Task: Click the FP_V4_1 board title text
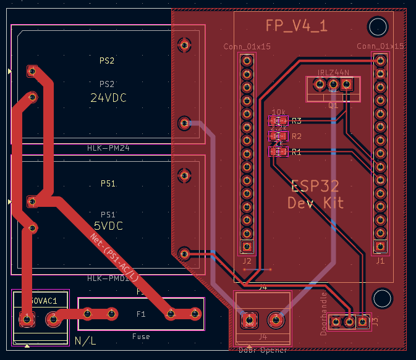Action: pos(296,25)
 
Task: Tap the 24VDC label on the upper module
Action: pos(107,98)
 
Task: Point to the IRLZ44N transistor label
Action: pos(333,73)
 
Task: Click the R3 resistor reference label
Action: pos(297,121)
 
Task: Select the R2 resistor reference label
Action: pos(297,136)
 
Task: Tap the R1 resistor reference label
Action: pos(297,151)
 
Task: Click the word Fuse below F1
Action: pos(141,337)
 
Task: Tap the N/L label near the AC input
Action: pos(85,341)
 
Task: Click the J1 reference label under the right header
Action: pos(380,261)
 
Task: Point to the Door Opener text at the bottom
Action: pos(263,350)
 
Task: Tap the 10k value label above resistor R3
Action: pos(278,112)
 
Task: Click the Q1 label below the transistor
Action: pos(333,106)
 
